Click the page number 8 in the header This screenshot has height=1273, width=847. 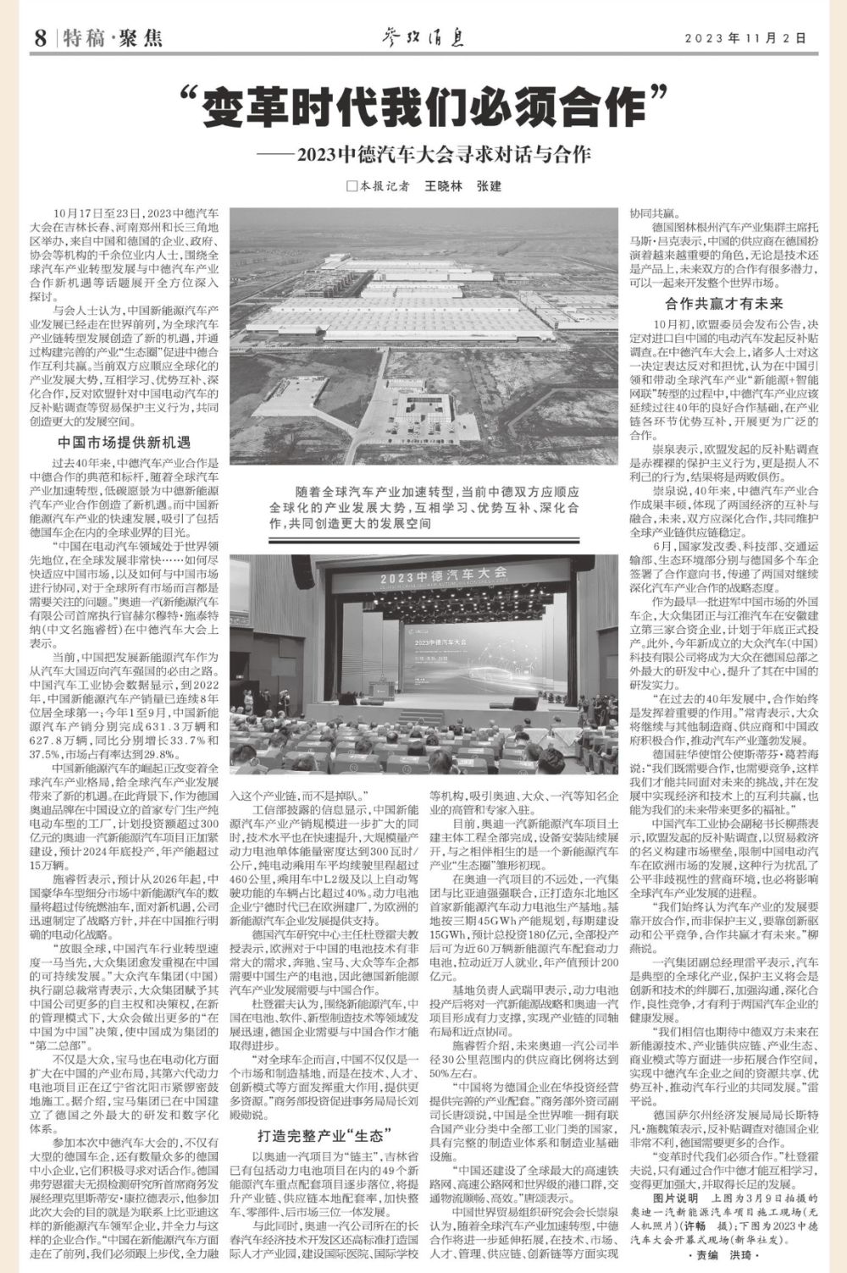[x=40, y=38]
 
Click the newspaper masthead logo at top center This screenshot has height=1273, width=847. [x=422, y=37]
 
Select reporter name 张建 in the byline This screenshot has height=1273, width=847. [x=489, y=185]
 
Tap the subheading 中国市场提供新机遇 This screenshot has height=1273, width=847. [x=124, y=442]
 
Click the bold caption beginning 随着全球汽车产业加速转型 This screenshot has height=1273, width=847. [x=423, y=508]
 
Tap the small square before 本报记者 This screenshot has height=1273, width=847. [x=350, y=186]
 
